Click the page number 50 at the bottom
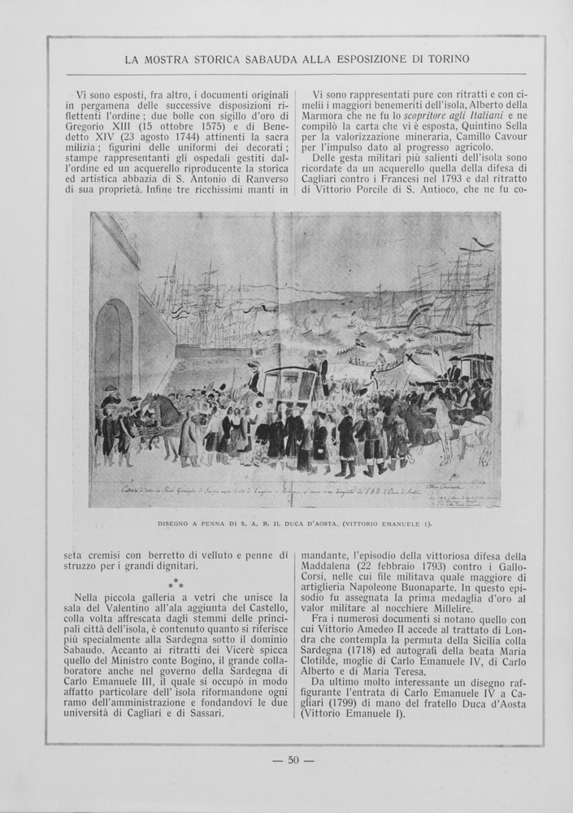(x=293, y=760)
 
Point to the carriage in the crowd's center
(x=289, y=386)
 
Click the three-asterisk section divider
(x=176, y=584)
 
